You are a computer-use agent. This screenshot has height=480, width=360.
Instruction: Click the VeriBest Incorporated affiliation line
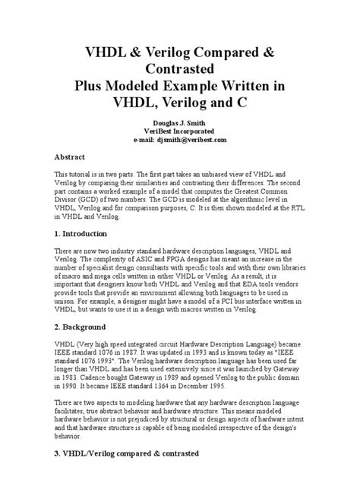click(x=180, y=131)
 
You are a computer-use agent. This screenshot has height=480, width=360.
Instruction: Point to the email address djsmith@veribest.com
click(x=201, y=141)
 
